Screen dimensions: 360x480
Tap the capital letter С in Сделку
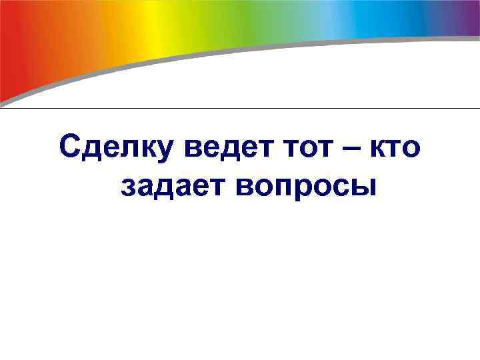point(70,146)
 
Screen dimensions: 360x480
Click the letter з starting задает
point(129,186)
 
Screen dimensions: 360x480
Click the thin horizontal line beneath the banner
point(240,108)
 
